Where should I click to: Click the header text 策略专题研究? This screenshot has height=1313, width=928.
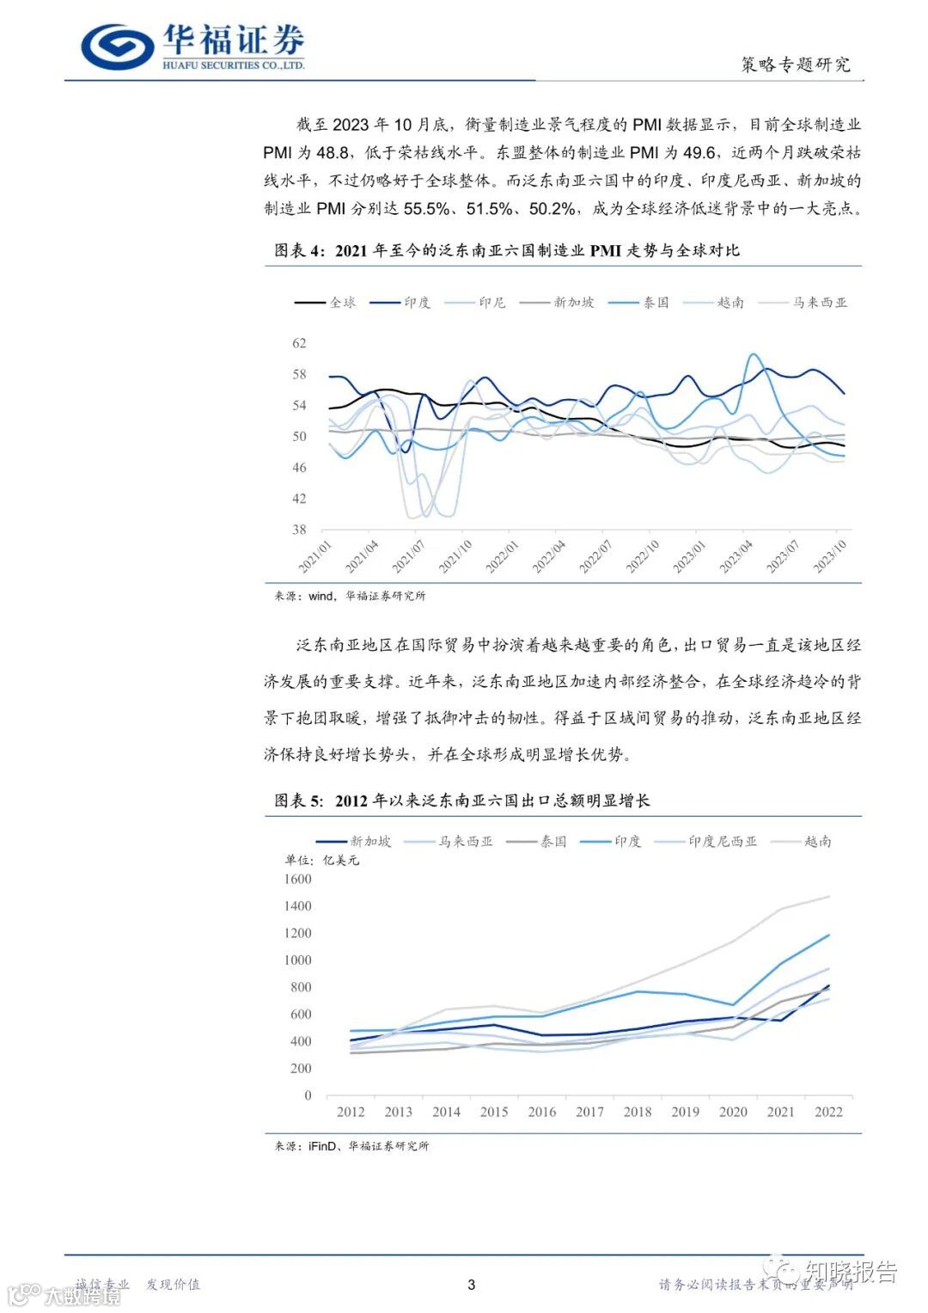(795, 64)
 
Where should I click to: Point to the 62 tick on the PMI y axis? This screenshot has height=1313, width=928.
(299, 343)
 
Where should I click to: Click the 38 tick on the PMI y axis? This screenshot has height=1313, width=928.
(299, 530)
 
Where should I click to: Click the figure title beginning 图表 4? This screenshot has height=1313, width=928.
(506, 251)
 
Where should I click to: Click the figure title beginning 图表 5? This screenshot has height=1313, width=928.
(461, 801)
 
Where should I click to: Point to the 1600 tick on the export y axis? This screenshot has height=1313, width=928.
(297, 879)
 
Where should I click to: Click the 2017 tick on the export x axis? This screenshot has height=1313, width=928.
(589, 1112)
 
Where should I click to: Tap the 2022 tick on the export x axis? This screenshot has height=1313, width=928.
(828, 1112)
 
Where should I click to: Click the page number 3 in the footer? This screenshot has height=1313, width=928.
(471, 1285)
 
